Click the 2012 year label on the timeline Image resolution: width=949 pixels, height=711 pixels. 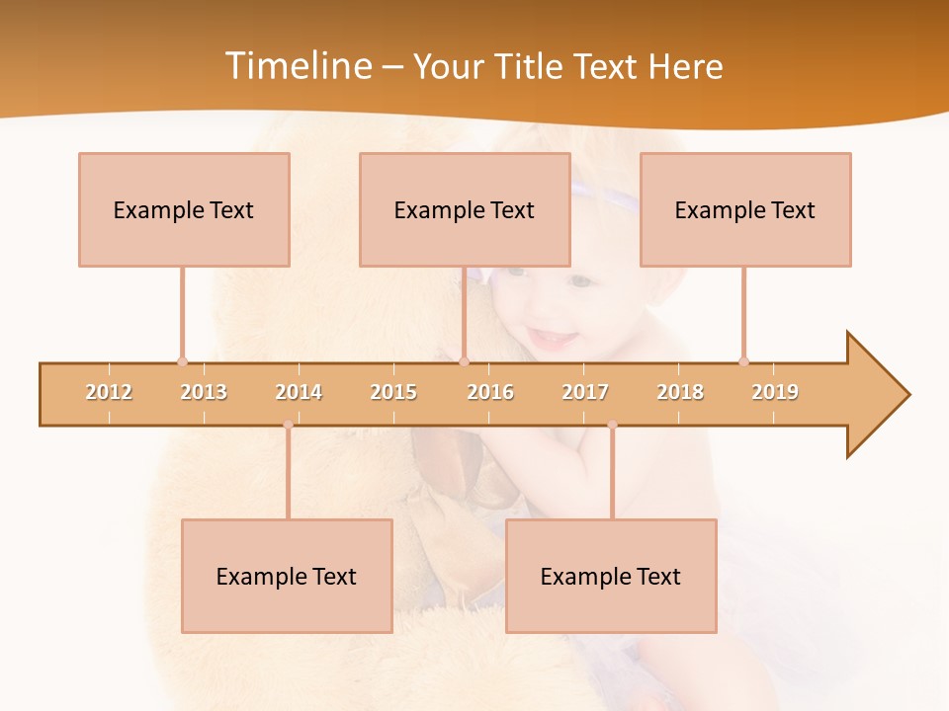(x=109, y=392)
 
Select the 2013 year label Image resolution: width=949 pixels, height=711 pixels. (x=204, y=392)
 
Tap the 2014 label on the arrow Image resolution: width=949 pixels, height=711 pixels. (x=299, y=392)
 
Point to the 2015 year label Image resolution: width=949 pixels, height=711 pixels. (x=393, y=392)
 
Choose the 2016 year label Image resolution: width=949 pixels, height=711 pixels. (x=490, y=392)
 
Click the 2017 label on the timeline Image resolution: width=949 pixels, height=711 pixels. (x=585, y=392)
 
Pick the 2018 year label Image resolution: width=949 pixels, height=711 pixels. (x=680, y=392)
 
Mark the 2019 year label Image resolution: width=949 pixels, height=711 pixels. (x=775, y=392)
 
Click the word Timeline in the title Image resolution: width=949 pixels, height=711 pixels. (x=296, y=66)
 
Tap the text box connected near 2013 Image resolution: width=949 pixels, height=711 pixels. (x=184, y=209)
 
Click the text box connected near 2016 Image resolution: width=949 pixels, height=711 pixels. (x=465, y=209)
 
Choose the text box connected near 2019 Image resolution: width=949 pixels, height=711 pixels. (x=745, y=209)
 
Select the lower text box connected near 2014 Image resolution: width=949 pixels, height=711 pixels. (x=287, y=576)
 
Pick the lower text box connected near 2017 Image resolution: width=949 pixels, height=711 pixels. (x=611, y=576)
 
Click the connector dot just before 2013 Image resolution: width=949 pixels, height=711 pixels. (x=182, y=361)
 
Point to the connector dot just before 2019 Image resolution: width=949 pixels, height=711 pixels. (x=743, y=361)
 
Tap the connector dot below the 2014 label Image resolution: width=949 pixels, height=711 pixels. (x=288, y=425)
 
